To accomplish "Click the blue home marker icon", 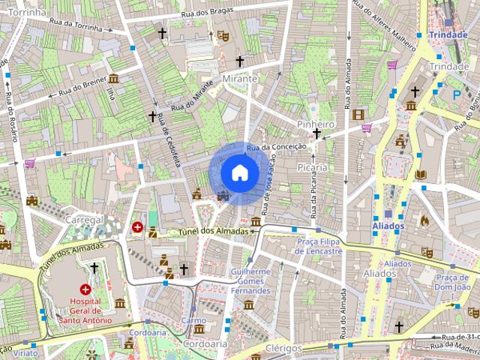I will click(x=238, y=172).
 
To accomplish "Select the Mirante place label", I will click(x=240, y=79).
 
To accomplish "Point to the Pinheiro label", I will click(x=315, y=124).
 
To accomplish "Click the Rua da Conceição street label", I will click(x=276, y=148).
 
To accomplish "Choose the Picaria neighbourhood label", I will click(x=312, y=167).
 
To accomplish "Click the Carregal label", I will click(x=84, y=220).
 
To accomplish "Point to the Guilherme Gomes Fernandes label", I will click(x=250, y=280).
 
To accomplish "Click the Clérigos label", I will click(x=283, y=348).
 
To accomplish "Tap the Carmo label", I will click(x=193, y=319).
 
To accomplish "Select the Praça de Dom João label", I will click(x=452, y=282).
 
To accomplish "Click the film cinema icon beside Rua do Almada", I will click(x=358, y=115).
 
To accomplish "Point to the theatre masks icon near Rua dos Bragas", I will click(x=223, y=35).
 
